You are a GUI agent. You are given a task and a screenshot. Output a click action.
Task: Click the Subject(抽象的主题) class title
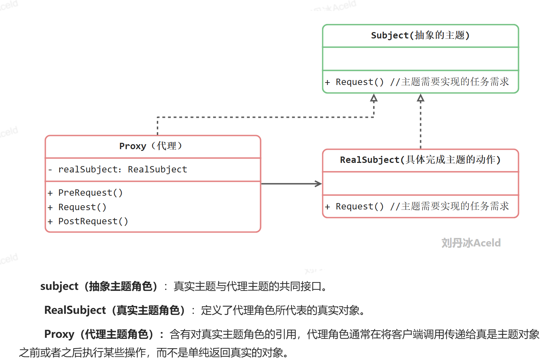(x=420, y=36)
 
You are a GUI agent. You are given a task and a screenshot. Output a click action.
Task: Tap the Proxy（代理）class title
(x=151, y=146)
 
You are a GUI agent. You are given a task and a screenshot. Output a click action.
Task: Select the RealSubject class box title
(x=420, y=160)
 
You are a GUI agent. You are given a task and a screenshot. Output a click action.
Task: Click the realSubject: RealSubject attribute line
(x=122, y=170)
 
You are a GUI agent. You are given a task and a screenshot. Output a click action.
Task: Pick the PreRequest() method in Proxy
(x=90, y=193)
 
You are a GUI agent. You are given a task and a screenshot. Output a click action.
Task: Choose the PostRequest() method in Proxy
(x=93, y=221)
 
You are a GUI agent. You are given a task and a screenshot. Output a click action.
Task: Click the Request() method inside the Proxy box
(x=82, y=207)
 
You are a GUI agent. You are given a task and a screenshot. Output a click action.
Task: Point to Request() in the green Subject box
(x=359, y=82)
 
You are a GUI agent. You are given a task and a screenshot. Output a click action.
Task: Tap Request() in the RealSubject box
(x=359, y=207)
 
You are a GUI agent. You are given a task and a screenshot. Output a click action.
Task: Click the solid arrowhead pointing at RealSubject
(x=319, y=184)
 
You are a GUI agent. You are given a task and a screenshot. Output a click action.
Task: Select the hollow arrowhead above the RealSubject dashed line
(x=420, y=98)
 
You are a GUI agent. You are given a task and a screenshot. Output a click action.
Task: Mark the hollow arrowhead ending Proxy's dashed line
(x=374, y=98)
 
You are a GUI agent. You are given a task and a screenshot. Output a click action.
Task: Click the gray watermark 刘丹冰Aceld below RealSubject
(x=471, y=243)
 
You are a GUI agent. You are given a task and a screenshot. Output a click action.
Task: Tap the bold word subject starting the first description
(x=59, y=286)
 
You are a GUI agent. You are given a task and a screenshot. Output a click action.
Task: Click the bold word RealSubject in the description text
(x=75, y=310)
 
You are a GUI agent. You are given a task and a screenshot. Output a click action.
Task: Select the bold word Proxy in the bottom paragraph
(x=59, y=334)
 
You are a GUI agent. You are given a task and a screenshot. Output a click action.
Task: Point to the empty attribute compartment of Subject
(x=420, y=59)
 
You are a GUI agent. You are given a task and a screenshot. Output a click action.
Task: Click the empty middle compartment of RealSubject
(x=420, y=183)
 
